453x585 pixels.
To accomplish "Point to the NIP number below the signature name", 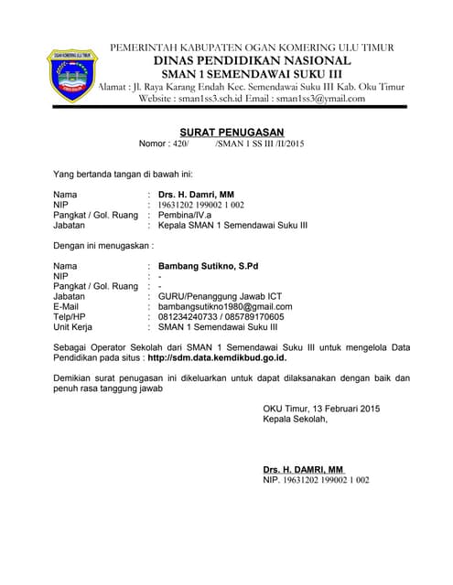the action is [316, 479].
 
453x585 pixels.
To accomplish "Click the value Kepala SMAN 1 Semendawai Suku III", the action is [232, 225].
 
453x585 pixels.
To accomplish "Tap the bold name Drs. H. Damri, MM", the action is [196, 195].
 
